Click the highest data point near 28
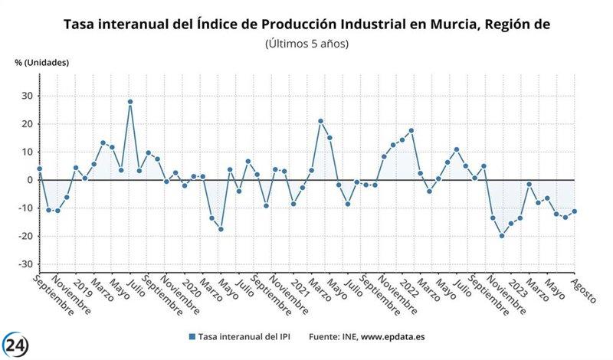point(130,101)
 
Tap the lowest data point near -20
point(502,236)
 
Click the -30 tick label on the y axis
point(25,264)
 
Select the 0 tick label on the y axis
point(29,180)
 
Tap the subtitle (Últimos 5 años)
point(306,44)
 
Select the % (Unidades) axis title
point(41,63)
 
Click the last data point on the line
point(574,211)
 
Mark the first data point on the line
point(39,169)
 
